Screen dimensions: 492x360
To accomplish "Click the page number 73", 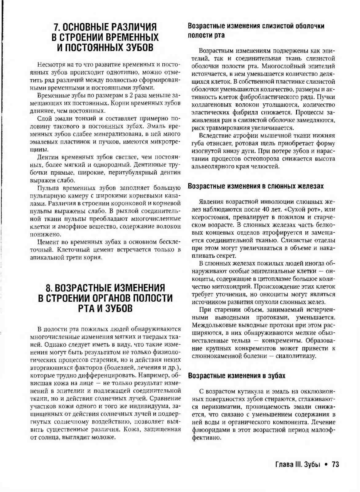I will (x=335, y=465).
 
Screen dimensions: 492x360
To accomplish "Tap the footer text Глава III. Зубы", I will (x=298, y=465).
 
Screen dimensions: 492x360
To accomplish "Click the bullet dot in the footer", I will (x=326, y=465).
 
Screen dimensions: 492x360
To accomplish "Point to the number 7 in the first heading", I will (x=56, y=27).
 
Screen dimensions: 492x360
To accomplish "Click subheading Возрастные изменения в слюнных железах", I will (x=255, y=186).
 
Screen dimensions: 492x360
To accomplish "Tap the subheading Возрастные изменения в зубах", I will (x=236, y=376).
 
